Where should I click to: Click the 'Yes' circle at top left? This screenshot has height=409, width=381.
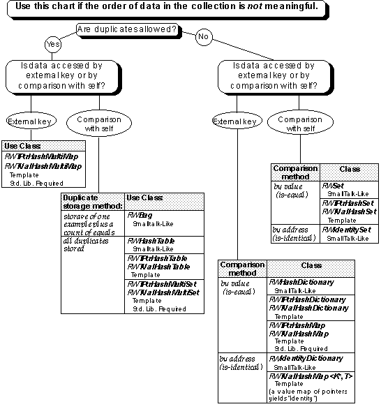tap(52, 43)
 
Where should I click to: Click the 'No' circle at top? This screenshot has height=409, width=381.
tap(204, 36)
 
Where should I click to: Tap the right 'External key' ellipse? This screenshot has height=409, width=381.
tap(236, 121)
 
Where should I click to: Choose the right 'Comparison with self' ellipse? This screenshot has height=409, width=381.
tap(294, 124)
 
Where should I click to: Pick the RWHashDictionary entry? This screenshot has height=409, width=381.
tap(301, 283)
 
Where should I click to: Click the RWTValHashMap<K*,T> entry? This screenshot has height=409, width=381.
tap(311, 376)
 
